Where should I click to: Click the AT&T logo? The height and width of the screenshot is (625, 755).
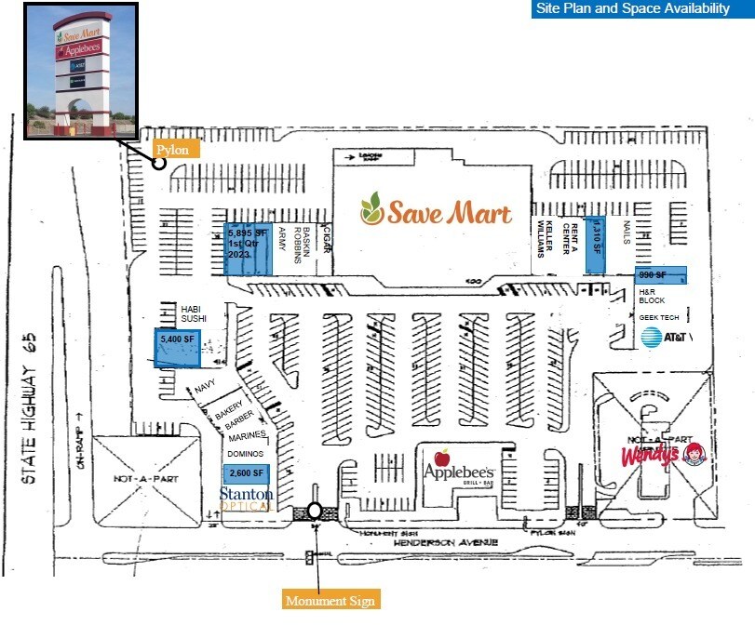coord(665,337)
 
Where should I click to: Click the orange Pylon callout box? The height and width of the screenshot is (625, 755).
coord(171,149)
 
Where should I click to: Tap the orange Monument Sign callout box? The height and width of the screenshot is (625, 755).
coord(330,601)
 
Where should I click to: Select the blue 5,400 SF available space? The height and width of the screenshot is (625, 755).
coord(177,348)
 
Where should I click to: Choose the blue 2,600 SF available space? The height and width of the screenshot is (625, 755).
coord(245,473)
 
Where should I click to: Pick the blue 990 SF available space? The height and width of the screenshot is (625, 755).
coord(661,275)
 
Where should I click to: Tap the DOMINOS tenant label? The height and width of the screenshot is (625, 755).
coord(246,453)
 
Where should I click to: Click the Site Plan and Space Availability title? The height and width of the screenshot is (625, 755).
coord(632,9)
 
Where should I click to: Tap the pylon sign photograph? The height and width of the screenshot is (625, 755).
coord(81,71)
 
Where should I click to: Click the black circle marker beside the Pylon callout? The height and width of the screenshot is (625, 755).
coord(159,163)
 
